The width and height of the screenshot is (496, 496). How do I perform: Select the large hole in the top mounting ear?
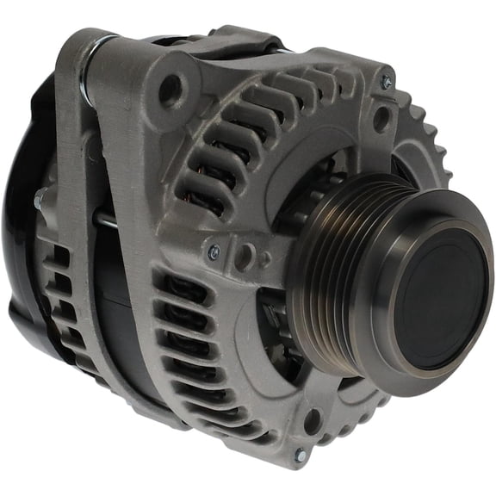(x=170, y=87)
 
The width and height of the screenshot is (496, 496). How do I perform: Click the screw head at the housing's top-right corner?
(x=387, y=83)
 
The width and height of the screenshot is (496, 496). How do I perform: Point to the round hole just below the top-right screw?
(x=380, y=119)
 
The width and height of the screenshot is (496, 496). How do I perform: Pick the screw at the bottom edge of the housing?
(x=301, y=454)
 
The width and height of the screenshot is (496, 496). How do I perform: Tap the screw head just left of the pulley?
(x=214, y=251)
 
